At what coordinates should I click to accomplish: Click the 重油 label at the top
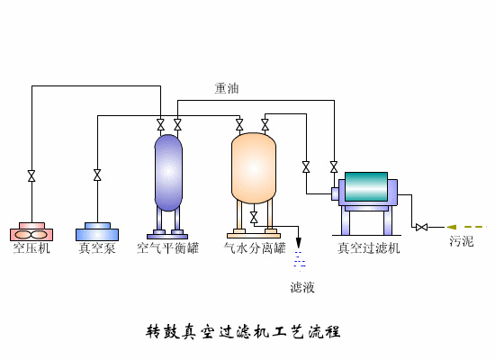coord(227,88)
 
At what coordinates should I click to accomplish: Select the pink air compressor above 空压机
coord(31,231)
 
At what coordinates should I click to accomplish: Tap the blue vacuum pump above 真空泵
coord(97,231)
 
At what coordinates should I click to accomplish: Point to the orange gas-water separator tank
coord(254,167)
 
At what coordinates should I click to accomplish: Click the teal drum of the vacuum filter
coord(366,187)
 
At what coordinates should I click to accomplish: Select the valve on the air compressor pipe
coord(31,175)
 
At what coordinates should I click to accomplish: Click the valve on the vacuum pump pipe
coord(97,175)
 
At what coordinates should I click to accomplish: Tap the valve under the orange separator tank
coord(254,218)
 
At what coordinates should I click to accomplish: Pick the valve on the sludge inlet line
coord(420,226)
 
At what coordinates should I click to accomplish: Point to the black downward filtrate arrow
coord(299,243)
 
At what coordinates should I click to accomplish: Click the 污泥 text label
coord(461,242)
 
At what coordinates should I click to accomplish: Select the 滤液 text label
coord(301,287)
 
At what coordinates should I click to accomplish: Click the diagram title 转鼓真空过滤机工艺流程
coord(243,331)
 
